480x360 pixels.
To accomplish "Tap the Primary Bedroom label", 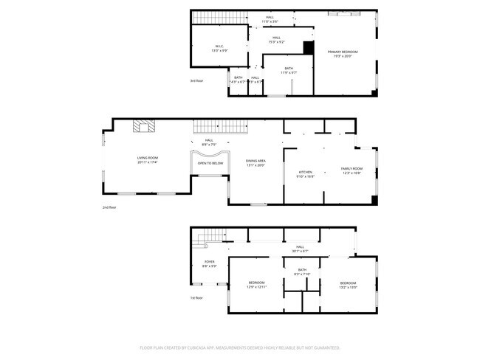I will click(x=345, y=52).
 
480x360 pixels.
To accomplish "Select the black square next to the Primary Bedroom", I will click(x=309, y=47).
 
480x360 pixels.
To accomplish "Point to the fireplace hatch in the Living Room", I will click(x=145, y=126).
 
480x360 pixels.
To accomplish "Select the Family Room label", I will click(x=351, y=169).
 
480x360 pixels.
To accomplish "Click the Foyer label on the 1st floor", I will click(x=210, y=262).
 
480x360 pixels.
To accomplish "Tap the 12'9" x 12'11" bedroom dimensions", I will click(x=256, y=287).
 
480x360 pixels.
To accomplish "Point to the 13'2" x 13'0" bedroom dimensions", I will click(x=348, y=288).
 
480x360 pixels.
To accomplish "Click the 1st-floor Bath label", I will click(x=302, y=270).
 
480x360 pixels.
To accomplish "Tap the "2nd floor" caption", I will click(x=109, y=207).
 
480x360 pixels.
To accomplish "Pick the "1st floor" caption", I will click(x=197, y=297).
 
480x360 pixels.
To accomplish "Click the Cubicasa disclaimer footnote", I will click(x=239, y=347).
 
